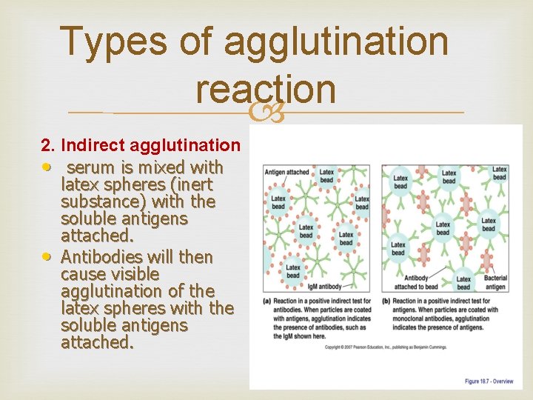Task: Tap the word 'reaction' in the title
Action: tap(266, 90)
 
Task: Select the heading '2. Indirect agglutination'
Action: tap(140, 145)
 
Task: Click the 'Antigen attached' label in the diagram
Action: tap(286, 172)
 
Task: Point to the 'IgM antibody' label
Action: tap(324, 286)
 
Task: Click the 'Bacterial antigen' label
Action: tap(495, 283)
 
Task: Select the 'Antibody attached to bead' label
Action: tap(417, 283)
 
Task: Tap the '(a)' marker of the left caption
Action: tap(267, 301)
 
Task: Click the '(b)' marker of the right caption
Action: tap(386, 301)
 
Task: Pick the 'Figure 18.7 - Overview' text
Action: tap(489, 381)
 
